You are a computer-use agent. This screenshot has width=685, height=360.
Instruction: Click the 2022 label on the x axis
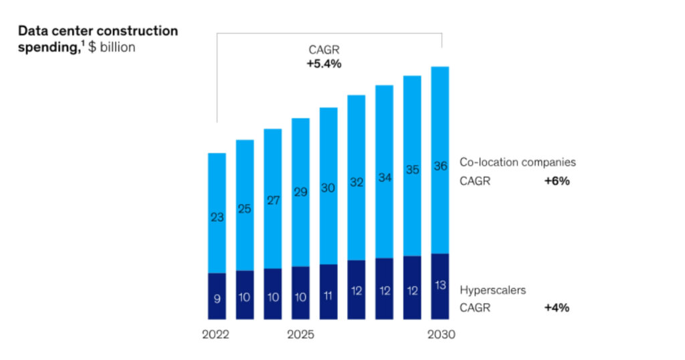215,334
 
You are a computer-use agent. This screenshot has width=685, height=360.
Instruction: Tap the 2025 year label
300,334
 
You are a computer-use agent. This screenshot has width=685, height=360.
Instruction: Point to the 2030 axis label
440,334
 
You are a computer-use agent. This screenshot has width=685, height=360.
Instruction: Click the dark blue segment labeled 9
217,296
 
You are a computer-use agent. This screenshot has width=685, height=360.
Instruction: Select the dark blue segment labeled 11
328,292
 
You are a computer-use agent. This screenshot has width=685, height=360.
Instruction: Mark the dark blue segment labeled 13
440,286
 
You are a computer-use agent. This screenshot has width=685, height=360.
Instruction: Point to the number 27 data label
273,199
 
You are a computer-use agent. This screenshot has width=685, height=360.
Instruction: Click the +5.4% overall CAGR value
324,64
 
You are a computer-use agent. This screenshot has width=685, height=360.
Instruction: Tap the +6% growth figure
557,181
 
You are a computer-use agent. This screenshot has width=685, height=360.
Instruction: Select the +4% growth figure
557,308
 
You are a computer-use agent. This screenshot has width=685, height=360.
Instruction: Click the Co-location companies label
517,163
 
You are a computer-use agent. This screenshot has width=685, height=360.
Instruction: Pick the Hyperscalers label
492,290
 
